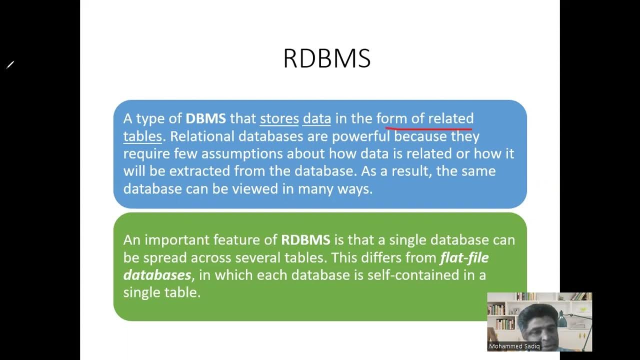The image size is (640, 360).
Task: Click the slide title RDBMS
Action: tap(326, 59)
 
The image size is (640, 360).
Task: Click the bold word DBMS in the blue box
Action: tap(205, 118)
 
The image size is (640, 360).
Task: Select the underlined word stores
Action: tap(279, 118)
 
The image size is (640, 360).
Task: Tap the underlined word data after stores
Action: tap(316, 118)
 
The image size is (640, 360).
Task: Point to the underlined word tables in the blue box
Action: tap(142, 136)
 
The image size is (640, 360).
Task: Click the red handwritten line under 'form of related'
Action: tap(428, 129)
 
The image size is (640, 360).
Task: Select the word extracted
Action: tap(199, 171)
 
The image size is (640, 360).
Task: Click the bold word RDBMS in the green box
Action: tap(305, 240)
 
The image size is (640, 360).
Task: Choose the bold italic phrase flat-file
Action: tap(464, 257)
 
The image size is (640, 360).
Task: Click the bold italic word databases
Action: tap(157, 275)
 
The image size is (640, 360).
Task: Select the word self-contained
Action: tap(391, 275)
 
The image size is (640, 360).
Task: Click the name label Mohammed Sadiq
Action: tap(514, 346)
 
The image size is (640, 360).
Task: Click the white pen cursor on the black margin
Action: tap(10, 64)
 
